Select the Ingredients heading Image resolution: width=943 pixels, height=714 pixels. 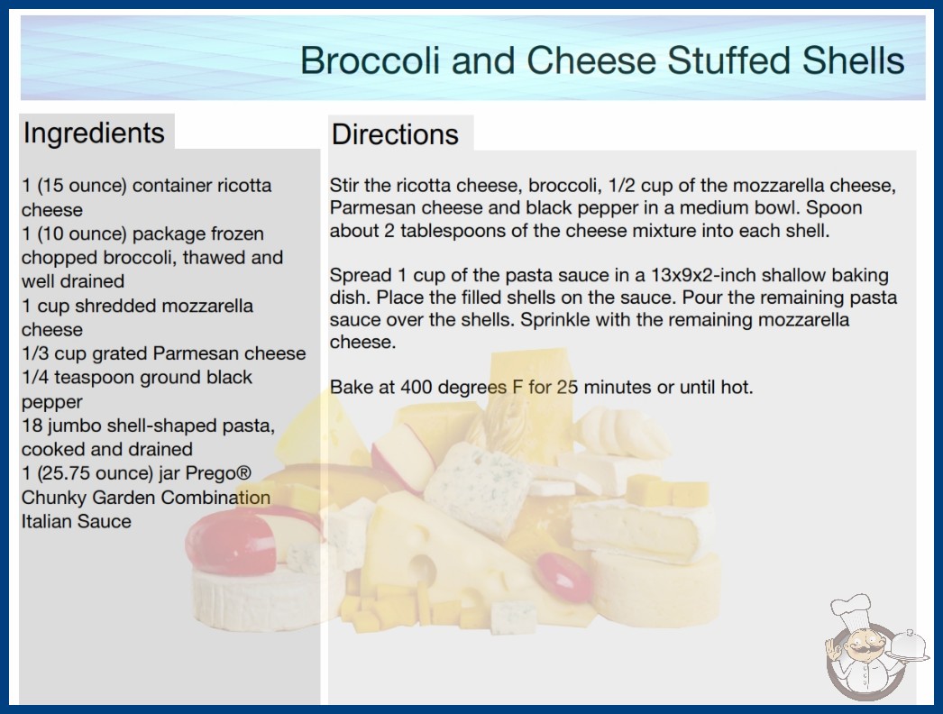(x=94, y=133)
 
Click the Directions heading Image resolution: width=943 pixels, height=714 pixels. (x=395, y=134)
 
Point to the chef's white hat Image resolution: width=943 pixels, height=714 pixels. (x=852, y=608)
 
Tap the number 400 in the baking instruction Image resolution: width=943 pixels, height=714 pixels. (x=416, y=387)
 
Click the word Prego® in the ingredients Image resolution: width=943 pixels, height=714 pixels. (x=218, y=473)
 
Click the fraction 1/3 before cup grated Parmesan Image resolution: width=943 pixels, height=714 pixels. (x=35, y=353)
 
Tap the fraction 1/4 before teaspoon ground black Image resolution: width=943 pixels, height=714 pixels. (x=35, y=377)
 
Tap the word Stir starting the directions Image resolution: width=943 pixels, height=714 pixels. (x=343, y=186)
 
